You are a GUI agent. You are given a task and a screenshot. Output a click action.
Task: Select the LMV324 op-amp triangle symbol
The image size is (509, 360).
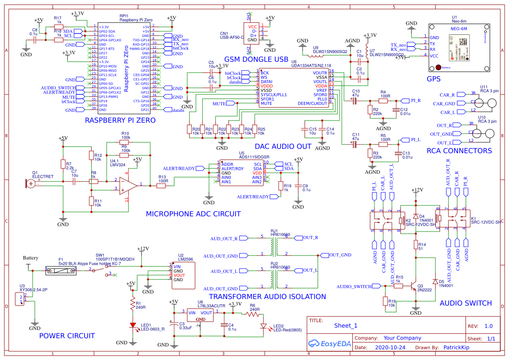coord(126,185)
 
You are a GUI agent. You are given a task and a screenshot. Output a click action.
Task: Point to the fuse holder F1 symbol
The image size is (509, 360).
coord(61,270)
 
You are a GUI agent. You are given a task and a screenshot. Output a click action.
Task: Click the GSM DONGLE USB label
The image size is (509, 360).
coord(256,59)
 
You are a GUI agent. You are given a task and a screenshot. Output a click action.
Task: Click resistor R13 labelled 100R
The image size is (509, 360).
coord(162,186)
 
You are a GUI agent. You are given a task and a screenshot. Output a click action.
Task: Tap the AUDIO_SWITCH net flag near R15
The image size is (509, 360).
coord(354,286)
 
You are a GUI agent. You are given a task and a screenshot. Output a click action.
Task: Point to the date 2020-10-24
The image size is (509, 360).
coord(390,348)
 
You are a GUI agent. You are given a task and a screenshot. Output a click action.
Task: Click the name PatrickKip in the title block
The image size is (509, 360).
coord(459,348)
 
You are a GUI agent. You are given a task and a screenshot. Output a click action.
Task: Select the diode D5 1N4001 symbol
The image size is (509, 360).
coord(435,281)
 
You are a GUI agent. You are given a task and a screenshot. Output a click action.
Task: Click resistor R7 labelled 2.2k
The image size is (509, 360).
coord(63,164)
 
